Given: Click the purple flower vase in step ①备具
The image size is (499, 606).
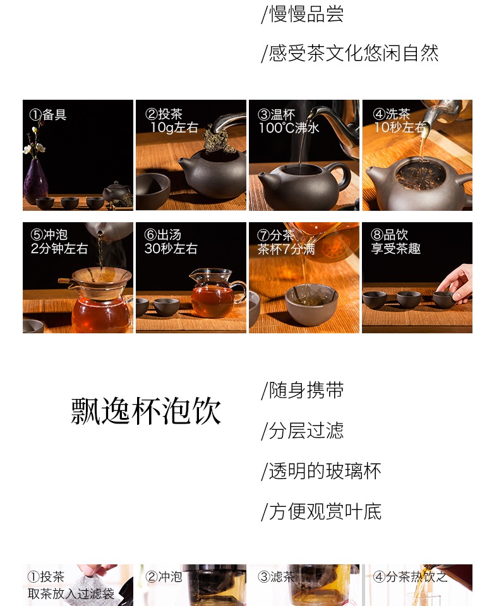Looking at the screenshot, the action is [x=35, y=182].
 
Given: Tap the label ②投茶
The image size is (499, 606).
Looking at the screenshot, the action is [x=164, y=114].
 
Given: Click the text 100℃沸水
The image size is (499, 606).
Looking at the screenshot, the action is [x=289, y=128].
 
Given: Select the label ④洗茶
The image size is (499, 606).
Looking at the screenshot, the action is [x=391, y=114].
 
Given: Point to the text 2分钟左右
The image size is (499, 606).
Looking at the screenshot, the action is [x=59, y=248].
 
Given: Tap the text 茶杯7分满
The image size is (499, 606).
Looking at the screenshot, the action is [x=286, y=249].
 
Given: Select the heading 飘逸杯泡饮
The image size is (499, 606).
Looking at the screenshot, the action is [x=146, y=411].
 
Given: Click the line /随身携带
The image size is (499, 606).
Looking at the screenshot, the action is [x=302, y=390].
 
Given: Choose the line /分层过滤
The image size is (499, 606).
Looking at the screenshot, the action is [x=302, y=431].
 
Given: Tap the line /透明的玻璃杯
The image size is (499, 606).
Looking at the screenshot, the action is [x=321, y=471].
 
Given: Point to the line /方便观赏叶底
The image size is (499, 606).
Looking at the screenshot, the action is [x=321, y=512].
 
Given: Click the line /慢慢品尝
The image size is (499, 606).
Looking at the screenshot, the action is [x=302, y=15].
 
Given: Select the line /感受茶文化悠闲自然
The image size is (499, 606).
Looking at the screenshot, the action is [x=350, y=53].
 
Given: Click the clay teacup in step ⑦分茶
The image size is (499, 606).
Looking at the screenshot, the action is [x=311, y=304].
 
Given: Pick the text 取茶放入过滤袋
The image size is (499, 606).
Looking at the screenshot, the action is [x=71, y=593].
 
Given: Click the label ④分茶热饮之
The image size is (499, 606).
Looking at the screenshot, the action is [x=410, y=576].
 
